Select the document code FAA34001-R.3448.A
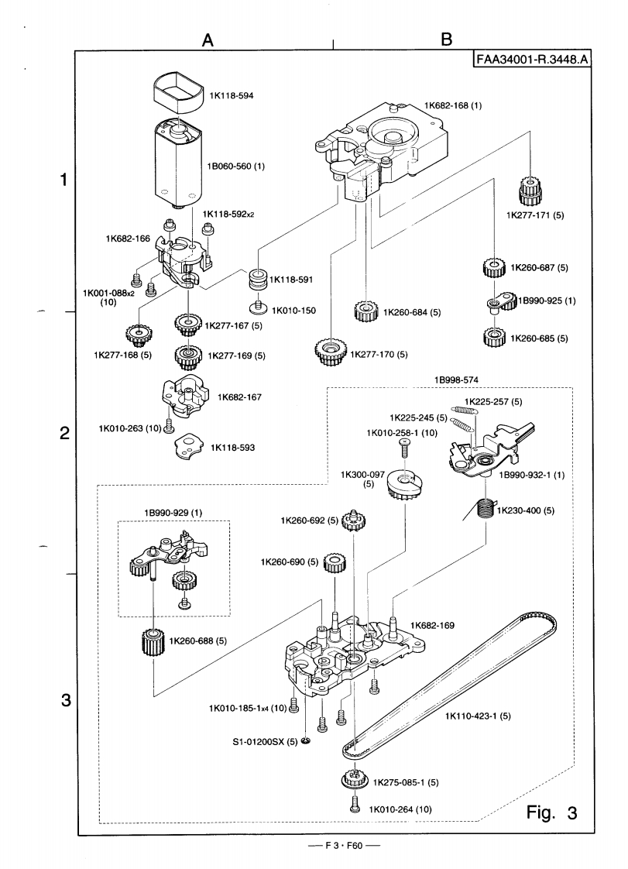(x=531, y=60)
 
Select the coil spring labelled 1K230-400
(x=484, y=510)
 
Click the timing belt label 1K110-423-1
(x=478, y=716)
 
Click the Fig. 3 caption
(x=551, y=812)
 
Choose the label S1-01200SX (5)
(x=265, y=742)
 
